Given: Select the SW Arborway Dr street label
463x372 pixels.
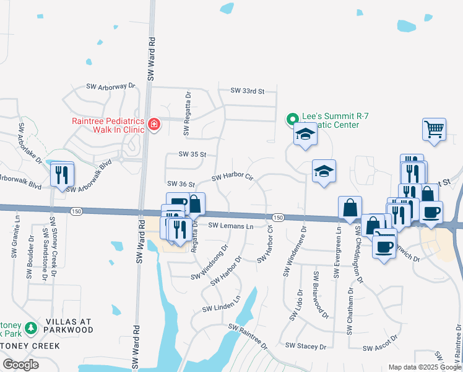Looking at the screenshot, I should coord(110,86).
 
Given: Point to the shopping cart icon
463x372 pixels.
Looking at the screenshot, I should coord(434,130).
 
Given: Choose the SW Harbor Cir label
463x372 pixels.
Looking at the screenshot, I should coord(233,179).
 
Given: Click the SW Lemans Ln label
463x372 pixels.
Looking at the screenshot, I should coord(230,226).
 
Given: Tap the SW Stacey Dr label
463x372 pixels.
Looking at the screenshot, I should coord(305,345).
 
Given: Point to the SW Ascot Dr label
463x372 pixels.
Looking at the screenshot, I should coord(379,348).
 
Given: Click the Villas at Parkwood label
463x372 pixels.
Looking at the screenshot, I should coord(68,326).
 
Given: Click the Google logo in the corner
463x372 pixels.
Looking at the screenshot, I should coord(20,364).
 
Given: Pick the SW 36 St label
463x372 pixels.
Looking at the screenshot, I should coord(181,184).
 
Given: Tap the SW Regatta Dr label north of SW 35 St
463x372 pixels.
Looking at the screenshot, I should coord(186,112).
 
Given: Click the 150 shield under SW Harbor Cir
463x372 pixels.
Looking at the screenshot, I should coord(278,217).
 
